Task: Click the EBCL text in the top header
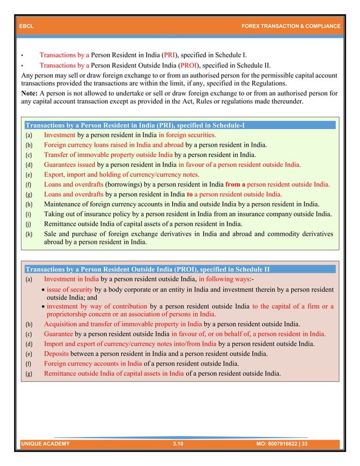pyautogui.click(x=26, y=27)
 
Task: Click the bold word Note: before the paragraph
pyautogui.click(x=29, y=94)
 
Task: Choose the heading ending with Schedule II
pyautogui.click(x=147, y=269)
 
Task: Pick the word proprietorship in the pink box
pyautogui.click(x=73, y=314)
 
